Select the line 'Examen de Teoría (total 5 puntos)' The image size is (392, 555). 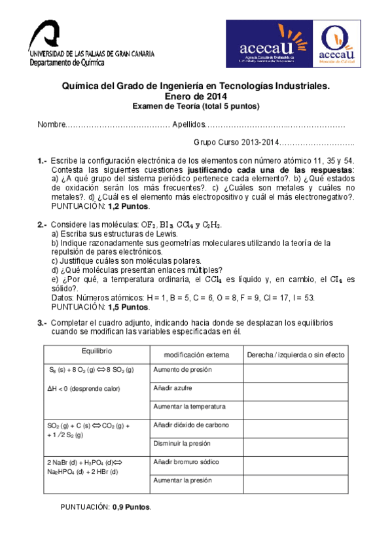(196, 107)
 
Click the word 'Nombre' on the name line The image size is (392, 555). (52, 124)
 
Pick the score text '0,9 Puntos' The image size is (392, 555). (131, 506)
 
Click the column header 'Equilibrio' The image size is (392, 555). (98, 351)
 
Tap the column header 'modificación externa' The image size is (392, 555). (196, 355)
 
